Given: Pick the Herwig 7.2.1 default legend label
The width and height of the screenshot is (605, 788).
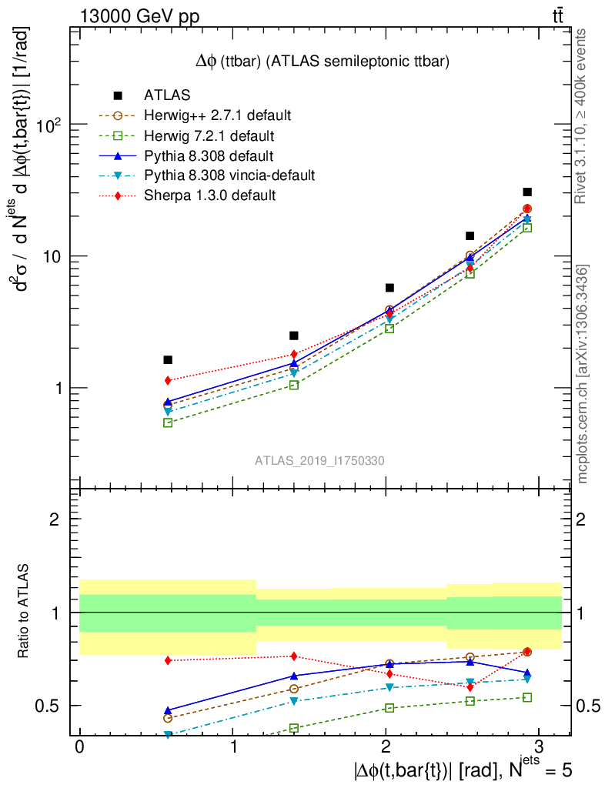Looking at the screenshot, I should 209,136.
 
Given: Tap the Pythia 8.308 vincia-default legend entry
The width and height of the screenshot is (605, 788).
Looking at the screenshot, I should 229,175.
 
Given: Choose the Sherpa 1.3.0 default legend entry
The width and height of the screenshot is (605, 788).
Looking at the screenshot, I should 209,195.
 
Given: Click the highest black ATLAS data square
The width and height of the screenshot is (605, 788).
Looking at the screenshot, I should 527,192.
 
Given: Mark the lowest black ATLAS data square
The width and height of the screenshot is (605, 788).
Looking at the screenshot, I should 168,359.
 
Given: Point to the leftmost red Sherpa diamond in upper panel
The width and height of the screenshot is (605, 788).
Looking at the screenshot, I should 168,380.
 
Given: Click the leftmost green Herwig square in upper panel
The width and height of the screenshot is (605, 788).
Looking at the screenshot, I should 168,422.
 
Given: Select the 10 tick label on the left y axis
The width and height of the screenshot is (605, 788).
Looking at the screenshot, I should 54,256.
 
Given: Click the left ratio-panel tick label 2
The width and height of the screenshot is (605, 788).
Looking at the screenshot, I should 56,519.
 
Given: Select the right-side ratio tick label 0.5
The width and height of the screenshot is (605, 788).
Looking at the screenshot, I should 587,706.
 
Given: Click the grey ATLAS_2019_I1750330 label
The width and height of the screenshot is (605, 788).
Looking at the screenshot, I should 319,460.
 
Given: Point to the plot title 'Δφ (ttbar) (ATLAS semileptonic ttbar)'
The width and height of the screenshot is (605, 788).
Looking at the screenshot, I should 322,61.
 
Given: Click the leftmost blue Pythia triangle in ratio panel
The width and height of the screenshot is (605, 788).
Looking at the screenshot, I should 168,710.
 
